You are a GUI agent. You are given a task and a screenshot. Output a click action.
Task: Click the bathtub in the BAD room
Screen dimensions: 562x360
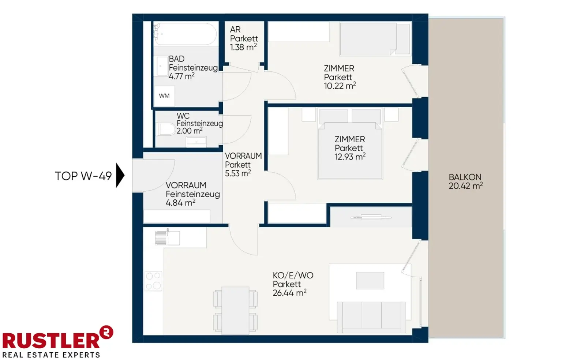pyautogui.click(x=185, y=34)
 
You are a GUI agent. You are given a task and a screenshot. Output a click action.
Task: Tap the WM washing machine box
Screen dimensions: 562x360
pyautogui.click(x=164, y=96)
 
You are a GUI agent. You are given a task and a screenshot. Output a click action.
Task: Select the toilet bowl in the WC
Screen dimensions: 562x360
pyautogui.click(x=166, y=129)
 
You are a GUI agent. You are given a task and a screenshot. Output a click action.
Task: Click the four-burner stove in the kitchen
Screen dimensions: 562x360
pyautogui.click(x=154, y=281)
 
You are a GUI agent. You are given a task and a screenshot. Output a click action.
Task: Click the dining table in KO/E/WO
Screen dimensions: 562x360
pyautogui.click(x=235, y=311)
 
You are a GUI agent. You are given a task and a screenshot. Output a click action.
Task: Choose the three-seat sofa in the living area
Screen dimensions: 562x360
pyautogui.click(x=371, y=317)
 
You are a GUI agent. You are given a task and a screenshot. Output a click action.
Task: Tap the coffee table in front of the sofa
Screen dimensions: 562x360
pyautogui.click(x=370, y=281)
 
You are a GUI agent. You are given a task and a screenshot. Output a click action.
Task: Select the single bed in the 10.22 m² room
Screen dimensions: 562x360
pyautogui.click(x=375, y=39)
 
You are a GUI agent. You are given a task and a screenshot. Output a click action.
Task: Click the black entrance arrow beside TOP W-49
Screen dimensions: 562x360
pyautogui.click(x=120, y=175)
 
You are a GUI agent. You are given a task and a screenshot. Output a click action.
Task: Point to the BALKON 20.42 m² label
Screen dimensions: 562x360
pyautogui.click(x=466, y=181)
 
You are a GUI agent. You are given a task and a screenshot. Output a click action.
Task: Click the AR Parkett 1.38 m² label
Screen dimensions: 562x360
pyautogui.click(x=244, y=38)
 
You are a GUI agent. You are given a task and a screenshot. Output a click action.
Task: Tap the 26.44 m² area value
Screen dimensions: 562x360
pyautogui.click(x=289, y=293)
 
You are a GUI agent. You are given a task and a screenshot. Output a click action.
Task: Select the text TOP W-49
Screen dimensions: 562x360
pyautogui.click(x=83, y=176)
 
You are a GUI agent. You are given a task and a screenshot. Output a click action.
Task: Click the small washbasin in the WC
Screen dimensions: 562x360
pyautogui.click(x=196, y=142)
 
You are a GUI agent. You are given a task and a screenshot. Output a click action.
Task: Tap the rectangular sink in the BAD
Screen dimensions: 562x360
pyautogui.click(x=162, y=66)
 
